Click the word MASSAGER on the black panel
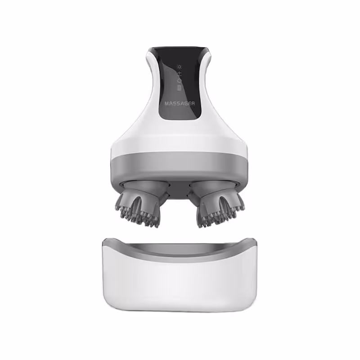point(180,103)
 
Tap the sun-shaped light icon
point(179,67)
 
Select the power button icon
point(180,81)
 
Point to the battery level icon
point(180,88)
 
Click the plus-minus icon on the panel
point(180,74)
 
